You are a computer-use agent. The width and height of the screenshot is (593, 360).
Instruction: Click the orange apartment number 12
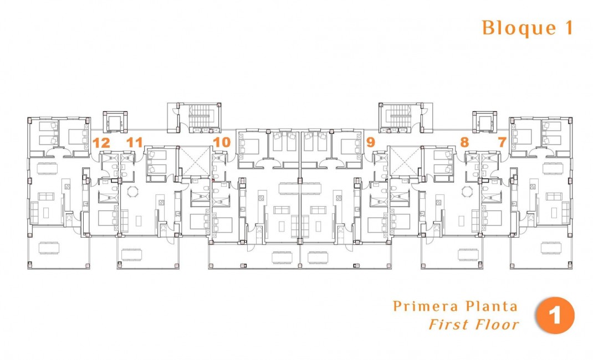101,142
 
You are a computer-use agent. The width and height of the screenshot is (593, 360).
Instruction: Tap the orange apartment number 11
134,142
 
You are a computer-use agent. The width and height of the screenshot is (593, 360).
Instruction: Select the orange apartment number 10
222,142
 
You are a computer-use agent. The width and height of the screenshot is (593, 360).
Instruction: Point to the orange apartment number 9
371,142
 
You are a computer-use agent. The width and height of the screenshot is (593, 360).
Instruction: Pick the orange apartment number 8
464,142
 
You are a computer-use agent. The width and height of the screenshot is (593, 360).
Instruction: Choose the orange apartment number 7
502,142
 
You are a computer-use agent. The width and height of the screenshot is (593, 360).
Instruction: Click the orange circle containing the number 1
555,317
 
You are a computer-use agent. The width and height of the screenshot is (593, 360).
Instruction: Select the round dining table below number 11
133,192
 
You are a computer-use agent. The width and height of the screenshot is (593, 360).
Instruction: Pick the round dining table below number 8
467,192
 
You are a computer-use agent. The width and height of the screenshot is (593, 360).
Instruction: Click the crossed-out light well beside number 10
194,161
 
